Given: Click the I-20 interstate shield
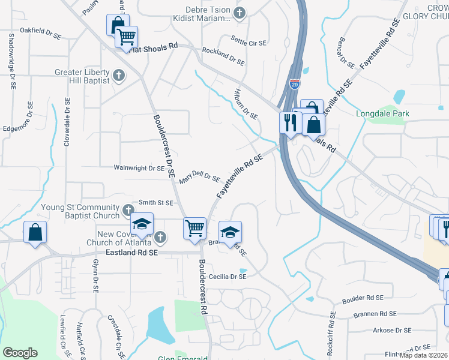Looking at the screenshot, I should click(294, 85).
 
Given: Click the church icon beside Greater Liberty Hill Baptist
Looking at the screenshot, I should click(119, 76).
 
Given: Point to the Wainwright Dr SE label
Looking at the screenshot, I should click(139, 169).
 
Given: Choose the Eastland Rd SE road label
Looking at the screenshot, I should click(131, 254).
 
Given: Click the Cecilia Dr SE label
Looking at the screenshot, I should click(227, 277).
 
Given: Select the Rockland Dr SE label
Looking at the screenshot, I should click(223, 58).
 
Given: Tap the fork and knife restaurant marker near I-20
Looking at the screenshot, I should click(289, 123).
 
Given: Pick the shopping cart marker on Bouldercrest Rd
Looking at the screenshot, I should click(194, 229).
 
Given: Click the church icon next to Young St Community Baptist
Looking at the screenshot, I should click(128, 210).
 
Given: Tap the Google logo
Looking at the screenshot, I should click(20, 352).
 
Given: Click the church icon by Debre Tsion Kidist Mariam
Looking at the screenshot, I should click(240, 13).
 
